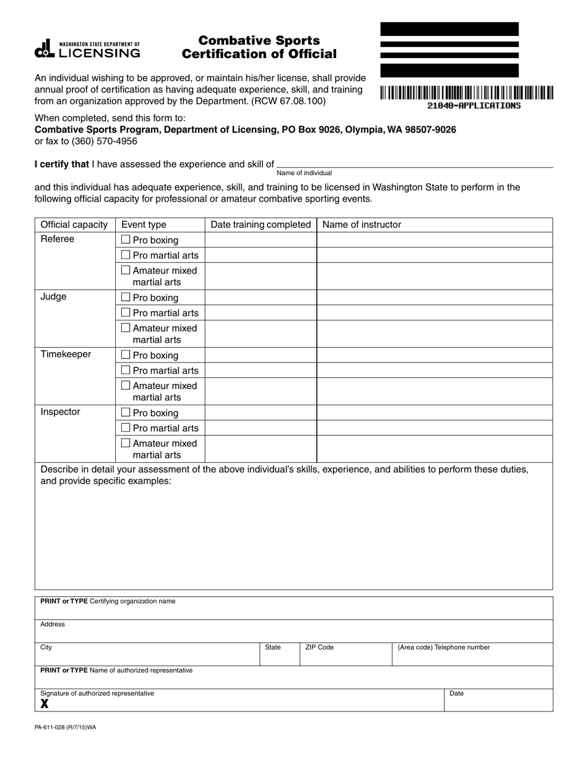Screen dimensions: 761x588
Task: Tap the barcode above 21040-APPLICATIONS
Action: coord(467,93)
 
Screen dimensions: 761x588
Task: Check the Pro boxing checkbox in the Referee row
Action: coord(126,239)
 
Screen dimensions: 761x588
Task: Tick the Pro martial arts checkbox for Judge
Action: coord(126,312)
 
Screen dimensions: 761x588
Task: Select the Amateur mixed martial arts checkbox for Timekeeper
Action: coord(126,385)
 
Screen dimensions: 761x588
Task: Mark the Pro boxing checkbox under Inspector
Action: coord(126,412)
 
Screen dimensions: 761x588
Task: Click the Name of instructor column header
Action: coord(361,225)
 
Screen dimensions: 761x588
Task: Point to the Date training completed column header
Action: coord(261,225)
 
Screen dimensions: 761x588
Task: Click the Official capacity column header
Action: coord(74,225)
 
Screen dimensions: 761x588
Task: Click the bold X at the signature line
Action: coord(45,704)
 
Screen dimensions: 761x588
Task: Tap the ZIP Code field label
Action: coord(319,648)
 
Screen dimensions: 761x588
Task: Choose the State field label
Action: coord(273,648)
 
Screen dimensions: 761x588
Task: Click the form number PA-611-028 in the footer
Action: coord(65,728)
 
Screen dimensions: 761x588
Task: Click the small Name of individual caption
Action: coord(304,173)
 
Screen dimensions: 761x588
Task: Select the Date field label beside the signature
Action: coord(457,694)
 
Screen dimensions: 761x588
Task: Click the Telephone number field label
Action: coord(444,648)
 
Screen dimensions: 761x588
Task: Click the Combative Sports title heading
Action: coord(259,41)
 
